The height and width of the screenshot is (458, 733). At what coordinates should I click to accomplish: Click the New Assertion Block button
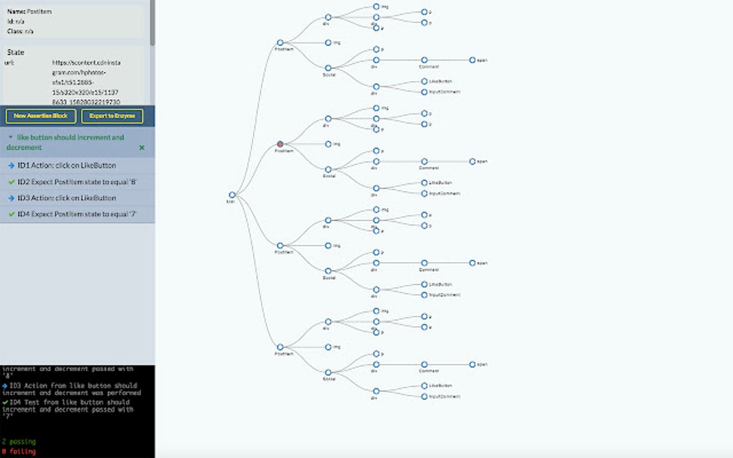point(40,116)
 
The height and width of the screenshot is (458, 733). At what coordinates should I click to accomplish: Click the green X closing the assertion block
point(142,147)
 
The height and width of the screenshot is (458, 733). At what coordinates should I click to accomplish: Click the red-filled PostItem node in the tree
point(280,144)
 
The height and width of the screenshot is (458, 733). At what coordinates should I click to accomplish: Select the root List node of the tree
point(231,195)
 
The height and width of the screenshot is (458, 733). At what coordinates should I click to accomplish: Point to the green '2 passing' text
point(18,441)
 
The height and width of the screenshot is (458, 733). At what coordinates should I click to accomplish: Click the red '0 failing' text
point(18,451)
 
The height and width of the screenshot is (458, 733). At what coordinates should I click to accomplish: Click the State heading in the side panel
point(16,52)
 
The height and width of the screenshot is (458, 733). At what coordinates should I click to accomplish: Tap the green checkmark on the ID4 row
point(11,214)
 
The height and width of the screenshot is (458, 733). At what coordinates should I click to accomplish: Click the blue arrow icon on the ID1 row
point(11,166)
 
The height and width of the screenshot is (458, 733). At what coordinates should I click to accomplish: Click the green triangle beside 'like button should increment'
point(10,137)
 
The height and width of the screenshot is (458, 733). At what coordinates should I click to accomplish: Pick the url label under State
point(9,63)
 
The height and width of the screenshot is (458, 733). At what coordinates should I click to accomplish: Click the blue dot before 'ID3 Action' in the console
point(5,385)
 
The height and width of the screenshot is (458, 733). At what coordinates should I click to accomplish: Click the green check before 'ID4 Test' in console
point(5,402)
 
